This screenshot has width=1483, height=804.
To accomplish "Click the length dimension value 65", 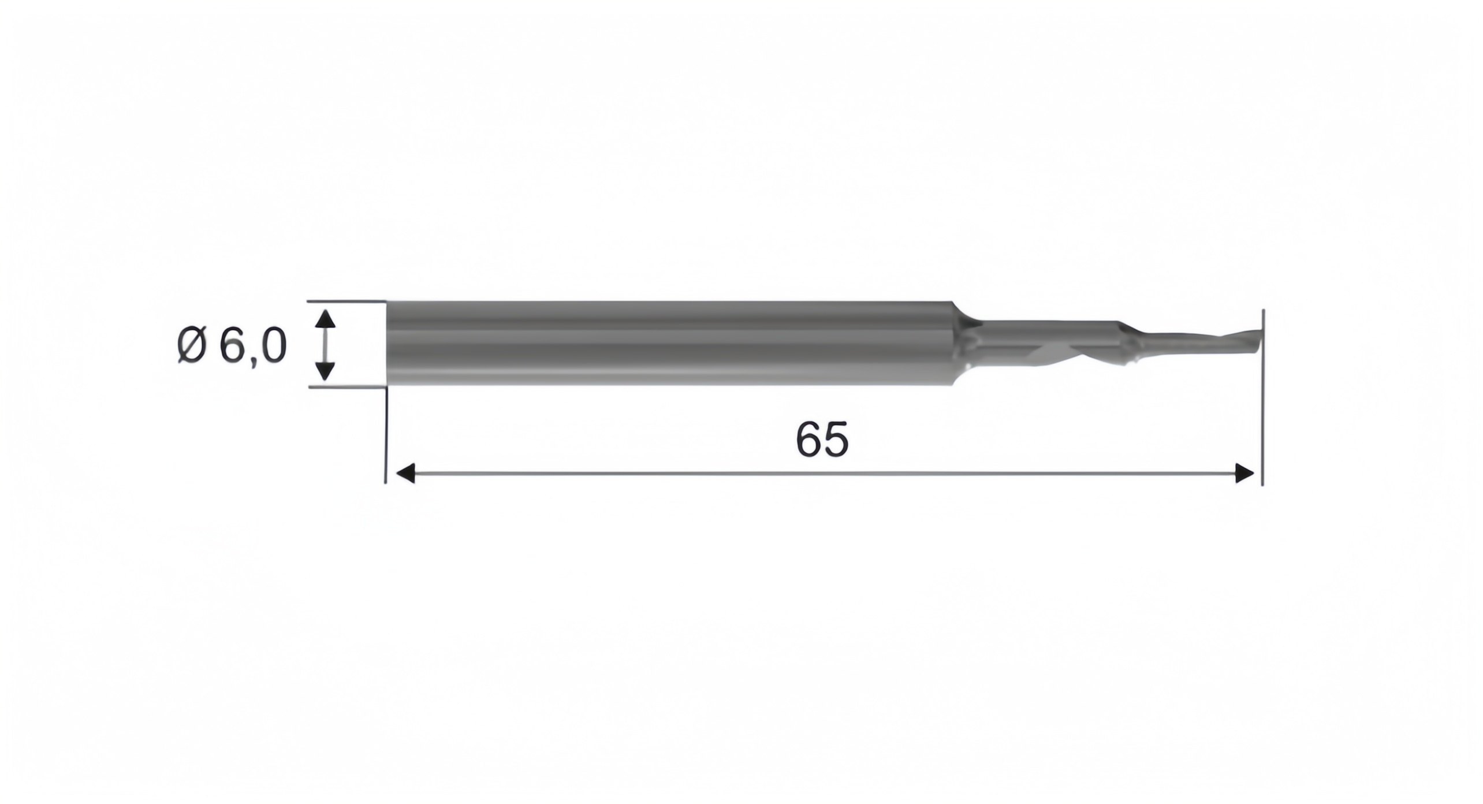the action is point(822,440).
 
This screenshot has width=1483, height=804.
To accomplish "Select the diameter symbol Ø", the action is point(192,346).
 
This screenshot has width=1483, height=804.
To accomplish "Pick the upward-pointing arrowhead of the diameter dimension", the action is point(326,319).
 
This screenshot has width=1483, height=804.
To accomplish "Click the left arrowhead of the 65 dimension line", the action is point(405,474).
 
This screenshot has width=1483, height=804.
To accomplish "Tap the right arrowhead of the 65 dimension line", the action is point(1244,474).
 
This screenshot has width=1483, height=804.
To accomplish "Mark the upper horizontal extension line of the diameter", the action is point(346,301).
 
